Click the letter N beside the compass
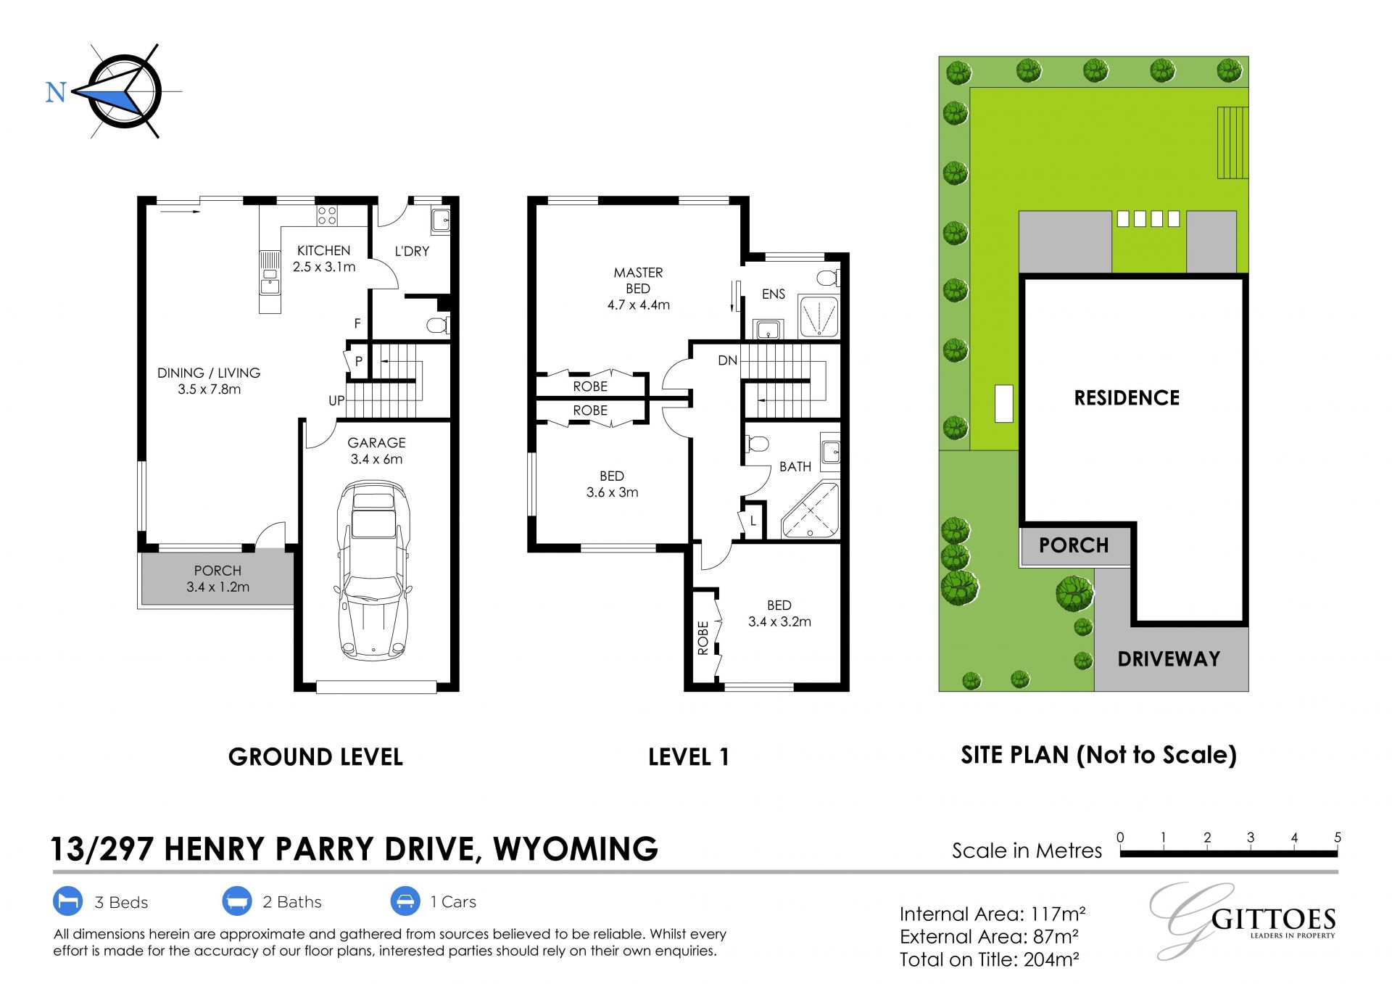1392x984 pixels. [x=56, y=92]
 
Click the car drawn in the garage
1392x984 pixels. [x=373, y=570]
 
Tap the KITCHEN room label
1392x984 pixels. [x=323, y=250]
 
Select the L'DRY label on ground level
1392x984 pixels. [x=412, y=251]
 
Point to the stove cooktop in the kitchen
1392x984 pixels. [x=327, y=215]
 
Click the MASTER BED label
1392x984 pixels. [x=638, y=280]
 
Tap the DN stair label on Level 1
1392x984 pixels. [x=727, y=360]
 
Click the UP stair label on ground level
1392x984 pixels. [x=336, y=400]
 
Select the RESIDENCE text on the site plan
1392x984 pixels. [x=1127, y=397]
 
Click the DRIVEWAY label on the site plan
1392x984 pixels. [x=1169, y=658]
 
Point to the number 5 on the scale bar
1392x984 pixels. [x=1338, y=838]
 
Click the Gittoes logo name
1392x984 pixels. [x=1273, y=919]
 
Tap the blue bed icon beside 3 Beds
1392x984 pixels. [x=68, y=901]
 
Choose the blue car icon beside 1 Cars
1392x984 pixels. [x=405, y=901]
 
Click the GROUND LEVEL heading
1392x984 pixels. [x=315, y=757]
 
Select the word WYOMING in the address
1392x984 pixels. [x=576, y=848]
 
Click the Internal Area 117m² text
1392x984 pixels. [x=993, y=914]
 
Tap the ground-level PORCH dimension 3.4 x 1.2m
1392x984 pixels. [x=217, y=587]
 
